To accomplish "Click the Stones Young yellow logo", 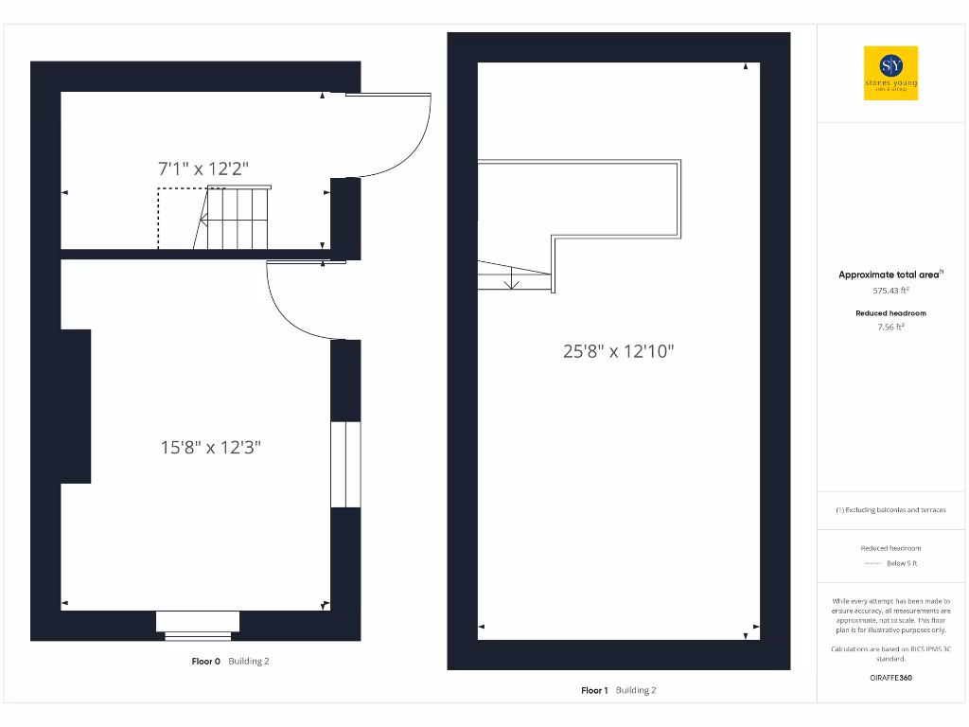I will [891, 73].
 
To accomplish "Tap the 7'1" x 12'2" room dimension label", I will [203, 168].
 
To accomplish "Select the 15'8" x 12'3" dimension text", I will [210, 447].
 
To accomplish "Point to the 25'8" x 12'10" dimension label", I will [619, 351].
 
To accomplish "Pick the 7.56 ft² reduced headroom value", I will [890, 327].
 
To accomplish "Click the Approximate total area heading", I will [890, 275].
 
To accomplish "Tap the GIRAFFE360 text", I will [890, 678].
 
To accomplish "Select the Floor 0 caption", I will [206, 662].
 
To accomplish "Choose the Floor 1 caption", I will [594, 690].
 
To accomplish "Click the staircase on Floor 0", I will [237, 218].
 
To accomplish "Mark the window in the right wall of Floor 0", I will [345, 465].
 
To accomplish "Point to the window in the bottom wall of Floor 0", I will [198, 624].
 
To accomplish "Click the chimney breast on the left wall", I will [76, 406].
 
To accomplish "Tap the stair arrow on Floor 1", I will [511, 279].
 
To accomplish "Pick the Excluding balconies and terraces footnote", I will [890, 510].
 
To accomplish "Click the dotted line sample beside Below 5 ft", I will [872, 564].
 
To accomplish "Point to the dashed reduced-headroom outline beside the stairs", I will [158, 218].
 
